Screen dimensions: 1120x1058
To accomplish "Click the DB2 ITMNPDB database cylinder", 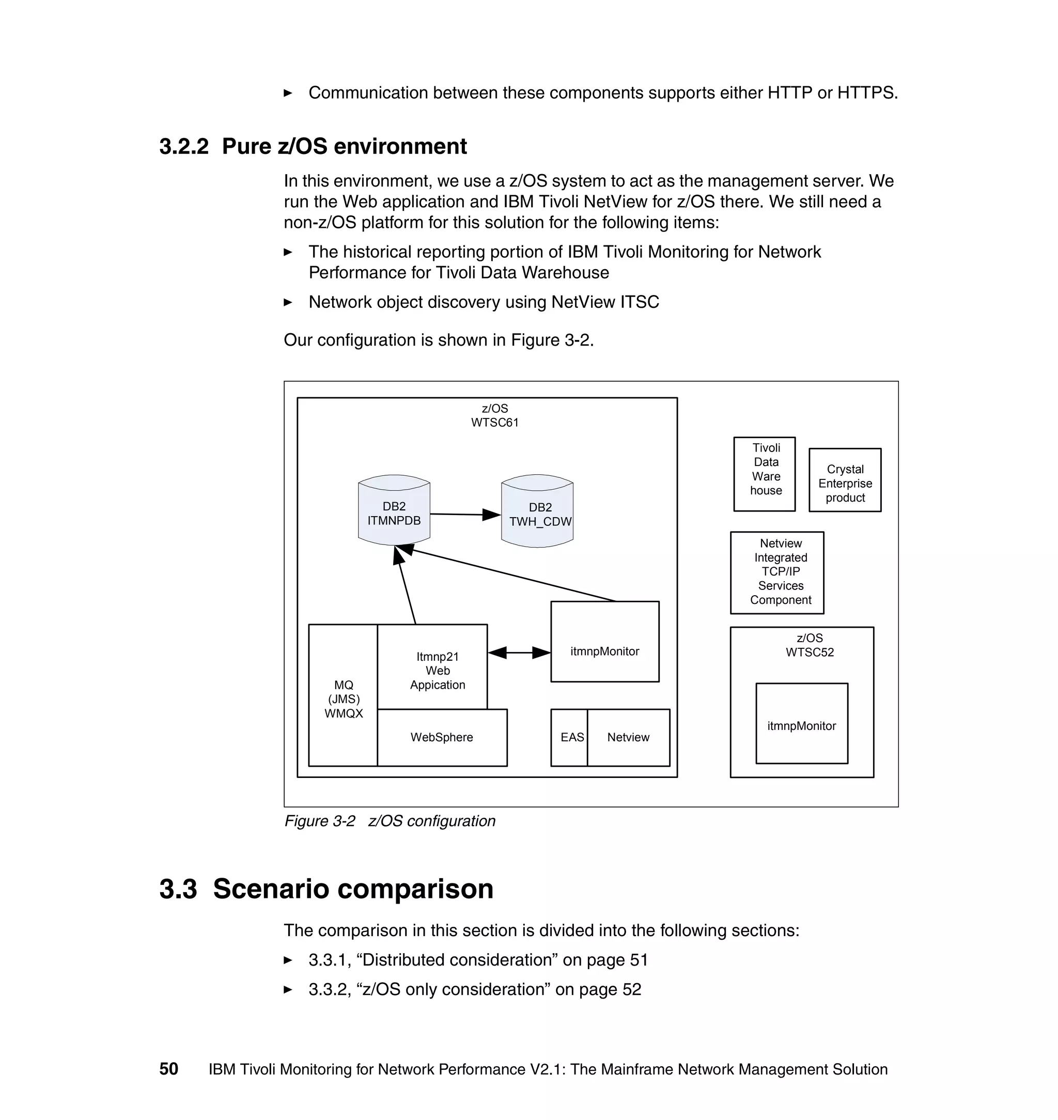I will click(394, 510).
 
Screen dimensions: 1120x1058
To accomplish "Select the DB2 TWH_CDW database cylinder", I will click(537, 511).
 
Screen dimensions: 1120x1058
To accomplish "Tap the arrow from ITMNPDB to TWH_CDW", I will click(465, 515).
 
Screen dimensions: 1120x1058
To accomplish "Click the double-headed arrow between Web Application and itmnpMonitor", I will click(519, 653).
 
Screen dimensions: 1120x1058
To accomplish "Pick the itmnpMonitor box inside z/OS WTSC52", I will click(801, 725).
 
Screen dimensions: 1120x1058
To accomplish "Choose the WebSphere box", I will click(442, 737).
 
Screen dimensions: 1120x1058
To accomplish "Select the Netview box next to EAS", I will click(628, 737).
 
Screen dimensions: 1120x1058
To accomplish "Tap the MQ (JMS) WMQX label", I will click(344, 699).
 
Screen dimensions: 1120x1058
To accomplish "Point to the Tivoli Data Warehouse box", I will click(764, 474).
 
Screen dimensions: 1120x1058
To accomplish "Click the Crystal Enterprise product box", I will click(845, 480).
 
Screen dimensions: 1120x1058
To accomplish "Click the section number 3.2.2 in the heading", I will click(184, 147).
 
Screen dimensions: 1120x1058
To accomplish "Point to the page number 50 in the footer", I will click(168, 1069).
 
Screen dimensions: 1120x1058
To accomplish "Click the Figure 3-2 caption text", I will click(389, 821).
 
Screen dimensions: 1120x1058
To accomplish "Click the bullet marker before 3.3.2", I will click(288, 989).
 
